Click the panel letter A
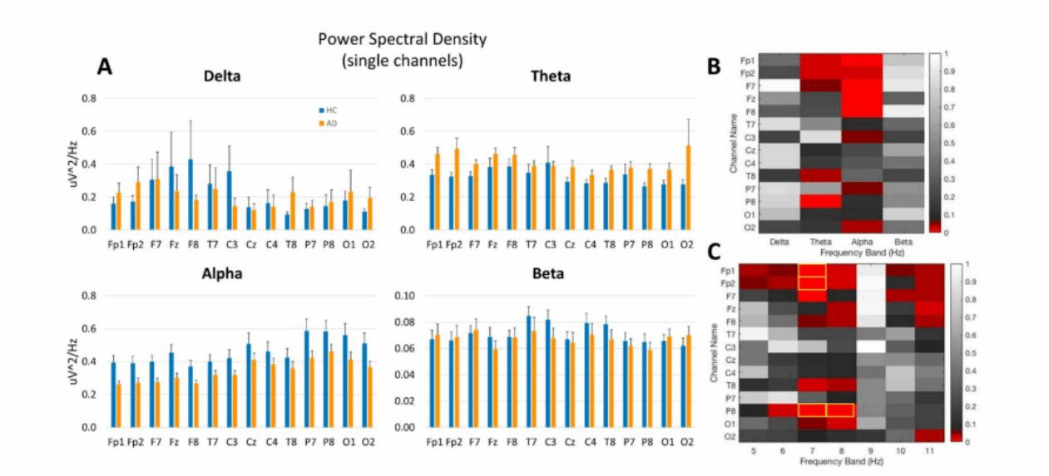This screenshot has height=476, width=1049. pyautogui.click(x=106, y=66)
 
